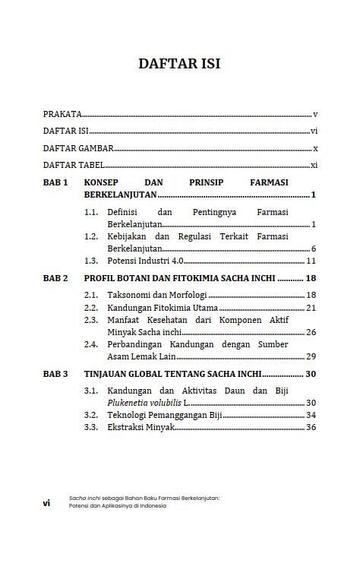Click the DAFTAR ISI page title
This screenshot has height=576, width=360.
[179, 64]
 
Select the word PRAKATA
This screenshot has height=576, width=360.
[62, 114]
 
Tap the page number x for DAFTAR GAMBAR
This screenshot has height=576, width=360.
[314, 148]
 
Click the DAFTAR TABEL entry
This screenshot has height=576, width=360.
[74, 165]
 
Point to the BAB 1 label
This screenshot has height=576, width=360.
[55, 182]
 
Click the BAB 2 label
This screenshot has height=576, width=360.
[55, 278]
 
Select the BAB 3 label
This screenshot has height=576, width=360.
[55, 374]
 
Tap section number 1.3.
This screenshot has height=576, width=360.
[92, 261]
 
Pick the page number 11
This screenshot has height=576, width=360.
[311, 261]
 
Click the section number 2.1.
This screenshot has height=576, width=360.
[92, 295]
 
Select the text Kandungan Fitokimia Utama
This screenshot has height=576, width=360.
[163, 308]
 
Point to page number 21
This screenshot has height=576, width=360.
[311, 308]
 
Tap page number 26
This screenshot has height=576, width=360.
[311, 332]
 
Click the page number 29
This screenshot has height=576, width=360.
[311, 356]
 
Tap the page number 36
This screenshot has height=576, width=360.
[311, 428]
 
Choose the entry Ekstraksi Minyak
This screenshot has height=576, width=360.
[141, 428]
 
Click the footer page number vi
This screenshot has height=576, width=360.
[46, 502]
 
